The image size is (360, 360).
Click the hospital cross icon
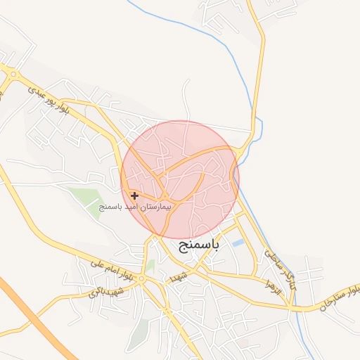134,195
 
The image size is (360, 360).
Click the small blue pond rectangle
238,243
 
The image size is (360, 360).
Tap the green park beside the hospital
91,198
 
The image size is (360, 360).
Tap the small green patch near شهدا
150,265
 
